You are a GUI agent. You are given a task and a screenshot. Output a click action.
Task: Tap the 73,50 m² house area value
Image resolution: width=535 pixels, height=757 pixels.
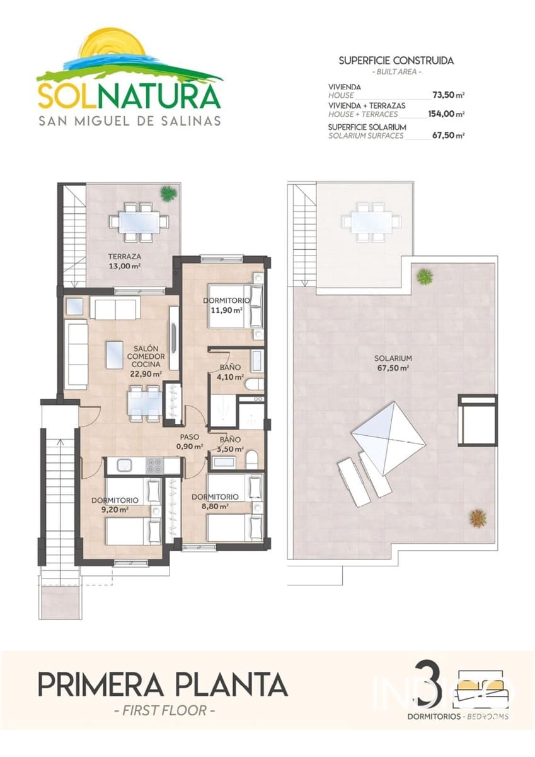[448, 95]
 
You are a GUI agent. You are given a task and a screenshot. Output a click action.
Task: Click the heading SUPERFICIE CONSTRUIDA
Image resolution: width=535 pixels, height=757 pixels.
[396, 61]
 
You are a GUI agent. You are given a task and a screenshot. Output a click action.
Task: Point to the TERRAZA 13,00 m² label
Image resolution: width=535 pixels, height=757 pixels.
[124, 261]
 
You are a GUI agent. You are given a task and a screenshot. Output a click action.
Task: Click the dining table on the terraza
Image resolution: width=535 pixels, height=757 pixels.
[139, 221]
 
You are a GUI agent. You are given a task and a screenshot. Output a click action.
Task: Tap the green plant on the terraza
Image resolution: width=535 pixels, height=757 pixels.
[168, 194]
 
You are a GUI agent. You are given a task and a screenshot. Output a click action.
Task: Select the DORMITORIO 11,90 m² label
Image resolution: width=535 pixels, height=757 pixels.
[227, 305]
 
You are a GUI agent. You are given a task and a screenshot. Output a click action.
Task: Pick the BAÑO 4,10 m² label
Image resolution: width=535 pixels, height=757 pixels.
[229, 373]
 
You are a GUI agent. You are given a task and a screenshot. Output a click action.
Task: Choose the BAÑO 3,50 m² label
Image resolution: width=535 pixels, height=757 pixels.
[229, 444]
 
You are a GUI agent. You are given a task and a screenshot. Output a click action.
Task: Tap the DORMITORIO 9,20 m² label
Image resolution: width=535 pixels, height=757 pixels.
[110, 504]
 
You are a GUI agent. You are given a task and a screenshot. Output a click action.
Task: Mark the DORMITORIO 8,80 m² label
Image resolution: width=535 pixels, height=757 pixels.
[215, 501]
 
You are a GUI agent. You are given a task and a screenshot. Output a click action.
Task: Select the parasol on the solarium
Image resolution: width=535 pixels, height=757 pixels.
[383, 434]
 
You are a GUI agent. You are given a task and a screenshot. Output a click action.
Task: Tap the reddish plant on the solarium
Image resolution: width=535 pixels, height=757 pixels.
[478, 518]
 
